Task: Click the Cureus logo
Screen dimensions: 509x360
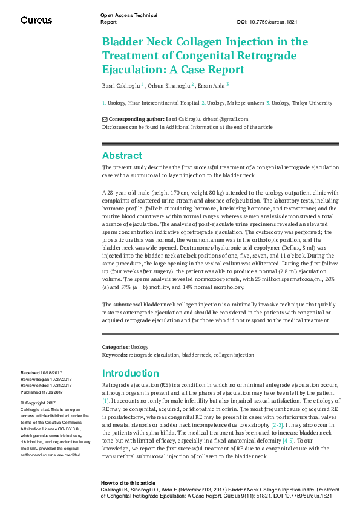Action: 36,20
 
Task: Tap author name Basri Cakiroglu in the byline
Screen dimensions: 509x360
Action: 120,85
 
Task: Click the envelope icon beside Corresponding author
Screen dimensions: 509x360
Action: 105,120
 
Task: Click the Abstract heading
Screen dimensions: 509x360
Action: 122,155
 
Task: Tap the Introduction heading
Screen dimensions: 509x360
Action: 130,373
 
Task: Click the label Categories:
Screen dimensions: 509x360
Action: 116,348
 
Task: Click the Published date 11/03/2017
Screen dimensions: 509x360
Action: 56,392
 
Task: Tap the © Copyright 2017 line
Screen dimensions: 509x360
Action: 38,403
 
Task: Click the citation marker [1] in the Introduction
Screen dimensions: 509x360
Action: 105,401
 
